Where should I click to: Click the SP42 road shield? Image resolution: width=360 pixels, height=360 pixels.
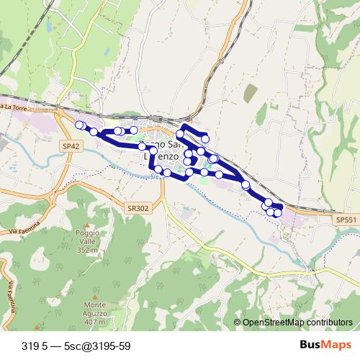[69, 145]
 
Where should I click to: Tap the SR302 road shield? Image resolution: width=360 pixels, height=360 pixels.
[137, 207]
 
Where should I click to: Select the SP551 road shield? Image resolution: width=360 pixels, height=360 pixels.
[346, 218]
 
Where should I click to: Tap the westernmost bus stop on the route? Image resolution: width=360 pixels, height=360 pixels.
[79, 125]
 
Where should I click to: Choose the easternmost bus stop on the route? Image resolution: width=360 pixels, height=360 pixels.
[278, 212]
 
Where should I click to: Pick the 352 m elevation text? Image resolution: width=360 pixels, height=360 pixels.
[86, 251]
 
